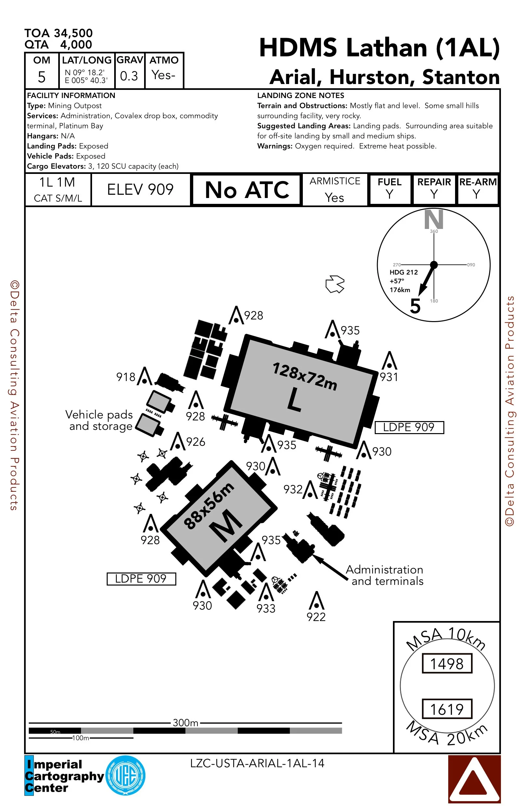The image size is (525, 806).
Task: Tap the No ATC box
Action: tap(247, 190)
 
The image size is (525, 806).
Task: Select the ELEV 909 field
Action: tap(141, 189)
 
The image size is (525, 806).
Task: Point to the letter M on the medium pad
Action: tap(226, 525)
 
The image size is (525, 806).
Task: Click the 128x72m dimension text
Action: tap(305, 376)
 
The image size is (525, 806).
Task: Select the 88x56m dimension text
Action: tap(209, 505)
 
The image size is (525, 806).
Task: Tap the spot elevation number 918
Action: tap(126, 377)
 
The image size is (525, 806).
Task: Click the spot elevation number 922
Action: tap(316, 617)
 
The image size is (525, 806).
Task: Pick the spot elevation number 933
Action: tap(266, 608)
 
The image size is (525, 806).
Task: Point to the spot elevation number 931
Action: tap(389, 376)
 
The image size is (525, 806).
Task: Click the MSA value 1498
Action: tap(447, 664)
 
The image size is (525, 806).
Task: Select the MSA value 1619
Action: tap(447, 709)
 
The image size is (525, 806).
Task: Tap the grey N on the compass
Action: tap(434, 219)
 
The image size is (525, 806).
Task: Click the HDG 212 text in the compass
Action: tap(404, 272)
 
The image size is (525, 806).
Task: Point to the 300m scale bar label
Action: tap(185, 723)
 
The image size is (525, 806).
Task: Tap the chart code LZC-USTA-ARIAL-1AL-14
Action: tap(257, 763)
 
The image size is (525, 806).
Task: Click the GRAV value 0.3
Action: tap(129, 76)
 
